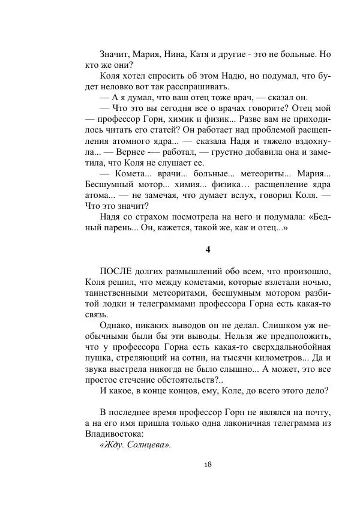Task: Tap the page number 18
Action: (x=207, y=464)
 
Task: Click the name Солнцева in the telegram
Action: (x=148, y=444)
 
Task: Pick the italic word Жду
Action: (x=112, y=444)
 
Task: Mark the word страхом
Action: (x=154, y=218)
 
